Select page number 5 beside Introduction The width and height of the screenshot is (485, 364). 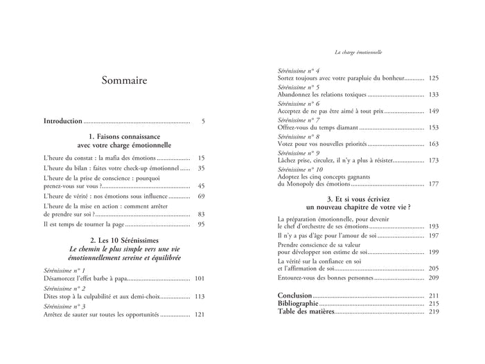pos(203,121)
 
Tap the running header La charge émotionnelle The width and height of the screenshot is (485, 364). pos(364,52)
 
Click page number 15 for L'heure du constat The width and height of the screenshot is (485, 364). pos(201,158)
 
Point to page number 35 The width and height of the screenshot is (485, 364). pos(201,168)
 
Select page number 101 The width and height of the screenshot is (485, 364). pos(200,278)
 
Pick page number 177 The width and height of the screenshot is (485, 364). pos(434,184)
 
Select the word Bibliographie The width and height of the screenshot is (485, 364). pos(297,304)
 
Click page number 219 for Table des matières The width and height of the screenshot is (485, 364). pos(434,312)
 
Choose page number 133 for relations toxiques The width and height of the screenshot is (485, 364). pos(434,94)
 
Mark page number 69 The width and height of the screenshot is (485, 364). pos(201,197)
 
